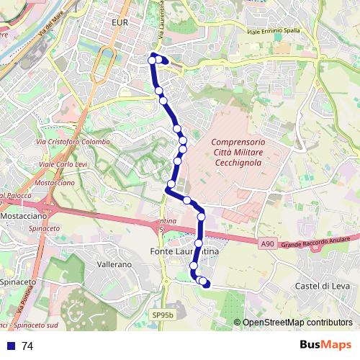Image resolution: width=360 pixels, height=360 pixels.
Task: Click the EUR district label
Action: (x=120, y=24)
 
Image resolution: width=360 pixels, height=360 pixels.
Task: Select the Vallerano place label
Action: (x=114, y=265)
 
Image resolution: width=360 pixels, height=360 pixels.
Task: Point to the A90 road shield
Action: (x=268, y=245)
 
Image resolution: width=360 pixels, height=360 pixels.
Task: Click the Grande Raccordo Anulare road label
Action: (x=319, y=240)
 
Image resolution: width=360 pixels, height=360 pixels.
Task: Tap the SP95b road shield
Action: (x=163, y=315)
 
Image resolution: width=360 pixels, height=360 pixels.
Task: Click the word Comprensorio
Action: (x=238, y=142)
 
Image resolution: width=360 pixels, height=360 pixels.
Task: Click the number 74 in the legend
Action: (x=27, y=346)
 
